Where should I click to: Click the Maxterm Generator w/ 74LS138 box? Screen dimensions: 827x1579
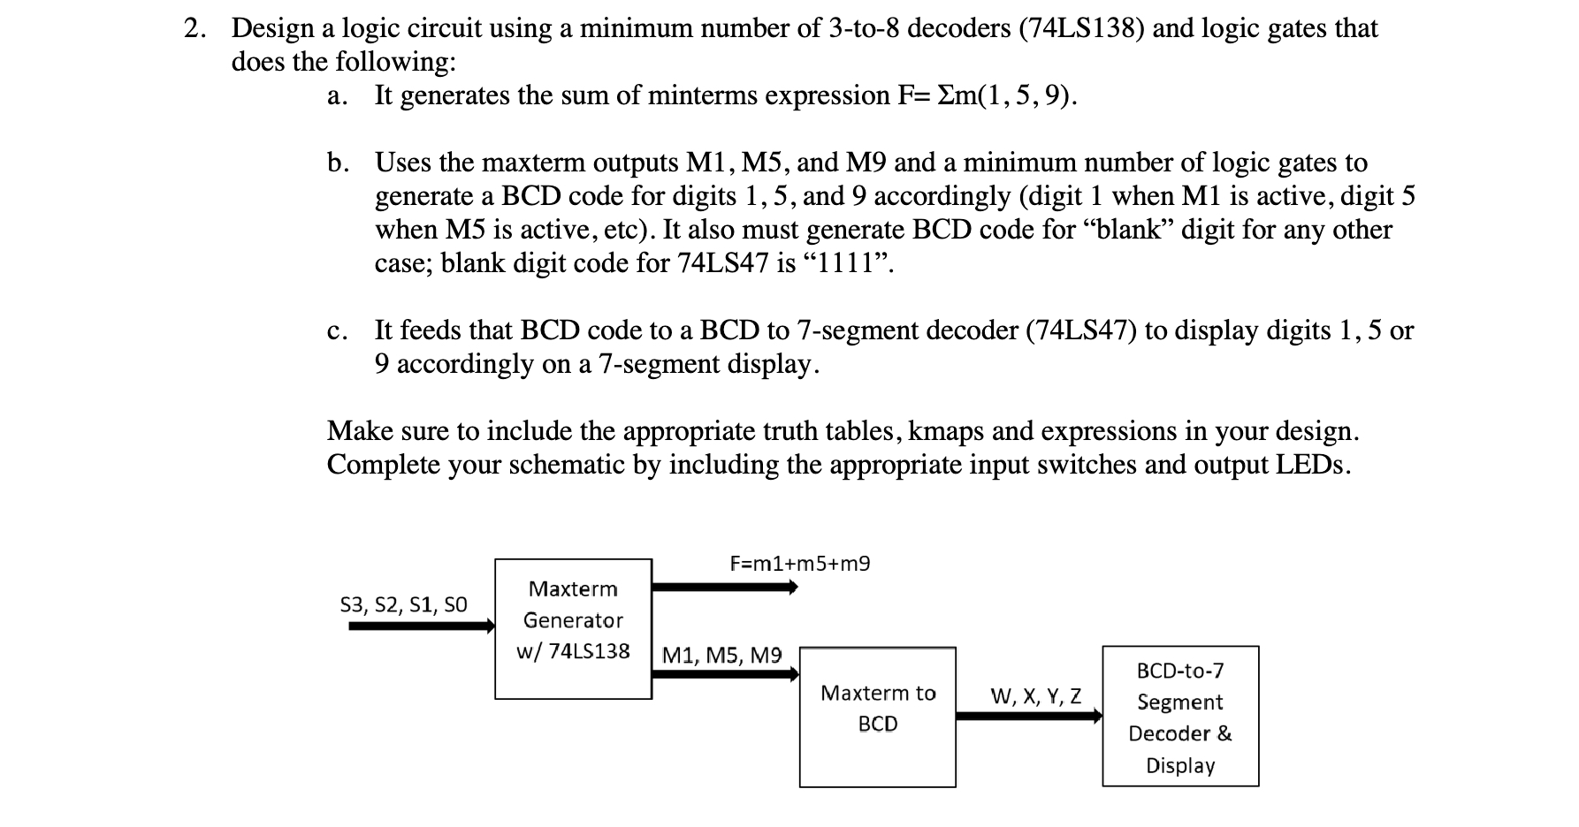coord(573,628)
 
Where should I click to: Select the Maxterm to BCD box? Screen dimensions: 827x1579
coord(877,717)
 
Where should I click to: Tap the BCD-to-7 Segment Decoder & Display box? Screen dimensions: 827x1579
coord(1179,717)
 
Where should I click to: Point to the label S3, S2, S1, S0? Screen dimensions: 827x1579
coord(403,604)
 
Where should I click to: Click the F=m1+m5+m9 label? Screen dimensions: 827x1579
coord(799,563)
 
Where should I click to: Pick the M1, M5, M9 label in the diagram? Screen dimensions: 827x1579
coord(721,656)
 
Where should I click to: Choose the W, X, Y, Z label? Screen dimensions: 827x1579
coord(1035,696)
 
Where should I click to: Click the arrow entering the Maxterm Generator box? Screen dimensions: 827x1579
coord(421,626)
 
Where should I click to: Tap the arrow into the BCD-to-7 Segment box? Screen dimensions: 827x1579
coord(1029,716)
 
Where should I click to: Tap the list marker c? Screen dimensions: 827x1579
coord(336,331)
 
